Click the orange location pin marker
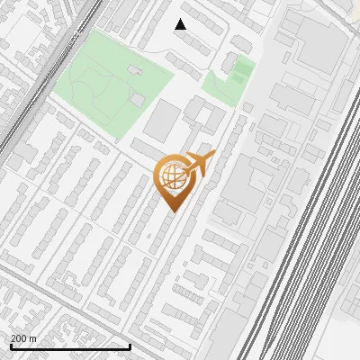172,180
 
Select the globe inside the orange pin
170,176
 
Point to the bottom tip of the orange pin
172,211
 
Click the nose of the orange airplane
212,156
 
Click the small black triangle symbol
181,24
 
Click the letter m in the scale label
33,338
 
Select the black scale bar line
70,346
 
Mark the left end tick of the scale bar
11,346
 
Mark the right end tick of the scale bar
130,346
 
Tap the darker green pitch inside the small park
240,70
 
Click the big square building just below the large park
162,120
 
